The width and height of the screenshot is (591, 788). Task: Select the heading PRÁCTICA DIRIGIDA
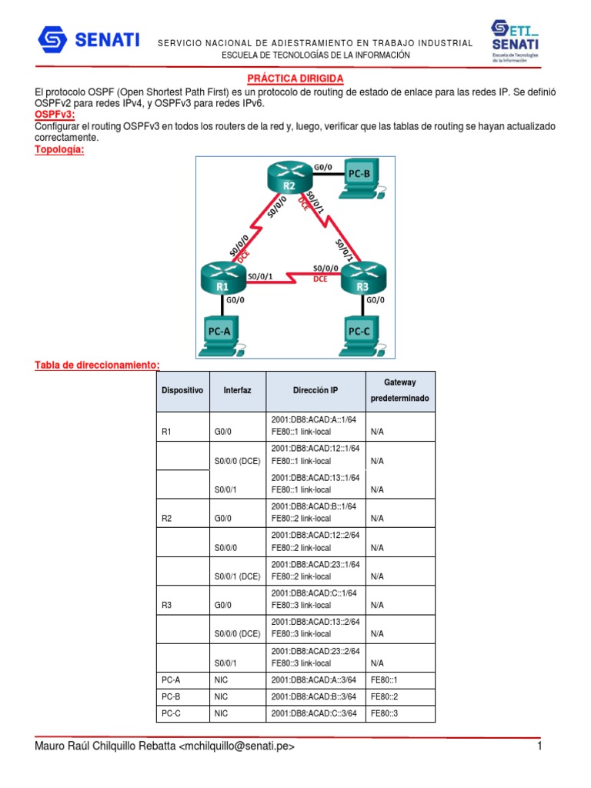pos(295,79)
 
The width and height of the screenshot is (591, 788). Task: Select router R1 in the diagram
pos(222,278)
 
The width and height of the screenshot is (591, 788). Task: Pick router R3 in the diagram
pos(362,278)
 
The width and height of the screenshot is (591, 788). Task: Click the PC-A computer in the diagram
pos(222,336)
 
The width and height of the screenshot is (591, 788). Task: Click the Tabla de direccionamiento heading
pos(97,364)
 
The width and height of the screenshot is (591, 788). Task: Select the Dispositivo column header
pos(182,391)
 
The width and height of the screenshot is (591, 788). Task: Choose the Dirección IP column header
pos(315,391)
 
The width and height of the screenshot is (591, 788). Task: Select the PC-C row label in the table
pos(171,714)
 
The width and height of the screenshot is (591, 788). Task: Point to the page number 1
pos(540,746)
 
